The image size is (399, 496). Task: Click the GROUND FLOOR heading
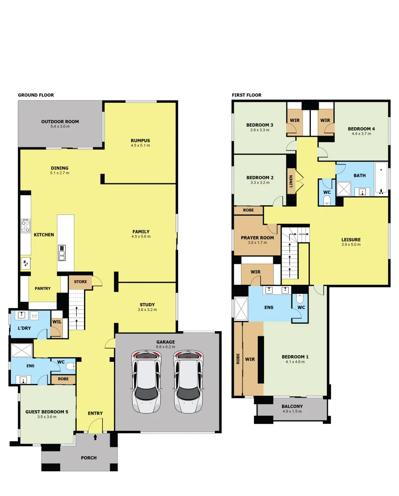pos(36,95)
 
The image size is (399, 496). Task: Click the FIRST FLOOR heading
pos(247,95)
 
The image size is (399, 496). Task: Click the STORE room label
pos(80,282)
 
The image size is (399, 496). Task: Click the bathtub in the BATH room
pos(381,179)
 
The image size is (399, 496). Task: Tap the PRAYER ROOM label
pos(257,238)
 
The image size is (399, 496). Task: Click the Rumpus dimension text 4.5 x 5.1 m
pos(140,146)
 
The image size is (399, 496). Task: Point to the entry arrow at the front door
pos(96,437)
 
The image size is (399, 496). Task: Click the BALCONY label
pos(292,406)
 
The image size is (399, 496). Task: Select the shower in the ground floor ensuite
pos(22,350)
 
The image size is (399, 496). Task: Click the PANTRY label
pos(42,288)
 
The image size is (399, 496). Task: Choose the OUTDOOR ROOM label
pos(60,122)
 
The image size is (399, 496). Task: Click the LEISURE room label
pos(351,239)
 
